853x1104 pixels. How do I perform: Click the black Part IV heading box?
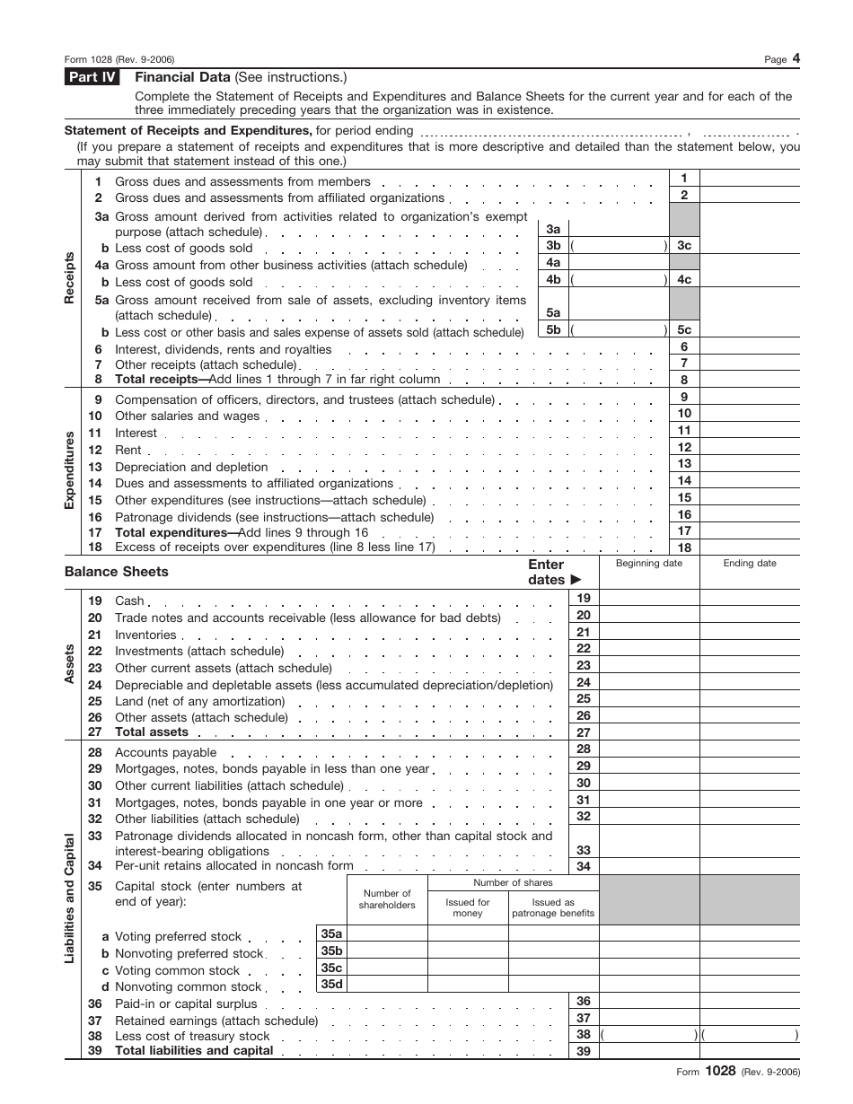click(92, 77)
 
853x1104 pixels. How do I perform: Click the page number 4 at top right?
click(796, 59)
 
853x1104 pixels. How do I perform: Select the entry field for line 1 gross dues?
click(749, 179)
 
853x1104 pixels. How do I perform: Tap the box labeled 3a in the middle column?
click(553, 229)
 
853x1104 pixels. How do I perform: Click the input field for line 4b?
click(620, 280)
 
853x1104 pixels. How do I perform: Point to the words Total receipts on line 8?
click(156, 380)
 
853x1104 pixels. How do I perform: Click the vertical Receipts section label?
click(70, 277)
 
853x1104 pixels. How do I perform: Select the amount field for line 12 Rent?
click(749, 448)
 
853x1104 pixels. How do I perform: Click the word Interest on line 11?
click(136, 433)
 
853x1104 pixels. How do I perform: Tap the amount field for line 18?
click(749, 548)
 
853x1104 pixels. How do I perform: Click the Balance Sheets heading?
click(117, 572)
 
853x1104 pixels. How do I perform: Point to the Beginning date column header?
click(648, 564)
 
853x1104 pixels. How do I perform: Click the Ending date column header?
click(750, 564)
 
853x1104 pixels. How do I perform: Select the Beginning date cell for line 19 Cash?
click(648, 599)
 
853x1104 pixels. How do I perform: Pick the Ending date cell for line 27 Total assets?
click(750, 732)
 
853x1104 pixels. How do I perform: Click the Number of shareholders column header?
click(387, 898)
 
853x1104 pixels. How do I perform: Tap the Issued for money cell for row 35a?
click(468, 934)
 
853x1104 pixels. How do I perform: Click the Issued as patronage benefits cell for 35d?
click(553, 985)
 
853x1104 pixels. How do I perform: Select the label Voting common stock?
click(178, 970)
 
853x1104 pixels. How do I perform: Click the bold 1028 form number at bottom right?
click(720, 1070)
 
